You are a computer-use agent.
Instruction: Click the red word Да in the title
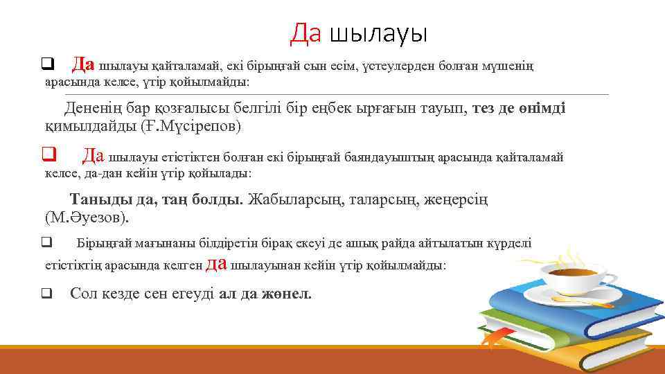[305, 33]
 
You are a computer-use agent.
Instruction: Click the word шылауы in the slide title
[378, 33]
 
